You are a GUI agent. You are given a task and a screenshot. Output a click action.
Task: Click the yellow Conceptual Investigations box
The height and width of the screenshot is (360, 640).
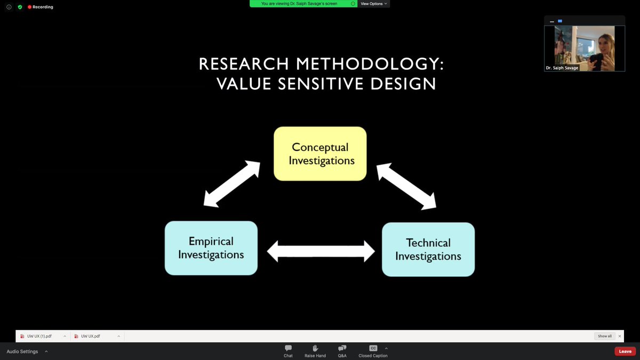tap(320, 154)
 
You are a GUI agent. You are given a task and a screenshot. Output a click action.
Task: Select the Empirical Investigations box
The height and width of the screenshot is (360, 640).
tap(211, 248)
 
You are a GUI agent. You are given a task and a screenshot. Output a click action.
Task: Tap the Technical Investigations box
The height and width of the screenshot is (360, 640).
tap(428, 250)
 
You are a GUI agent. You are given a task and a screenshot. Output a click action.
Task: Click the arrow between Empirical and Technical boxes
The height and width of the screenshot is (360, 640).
tap(321, 251)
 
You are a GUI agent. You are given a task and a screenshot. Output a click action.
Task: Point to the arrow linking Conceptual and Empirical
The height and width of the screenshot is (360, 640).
tap(231, 183)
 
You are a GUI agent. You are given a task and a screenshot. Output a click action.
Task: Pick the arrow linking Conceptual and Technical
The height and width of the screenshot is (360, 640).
tap(406, 186)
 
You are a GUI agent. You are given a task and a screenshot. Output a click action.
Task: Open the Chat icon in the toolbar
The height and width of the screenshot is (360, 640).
tap(288, 348)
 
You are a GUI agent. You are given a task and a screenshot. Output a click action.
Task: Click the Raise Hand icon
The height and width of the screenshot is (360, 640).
tap(315, 348)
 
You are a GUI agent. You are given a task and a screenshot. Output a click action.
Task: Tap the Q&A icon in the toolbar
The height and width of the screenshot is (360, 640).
tap(342, 348)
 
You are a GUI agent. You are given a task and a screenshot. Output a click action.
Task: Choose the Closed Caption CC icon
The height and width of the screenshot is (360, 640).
tap(373, 348)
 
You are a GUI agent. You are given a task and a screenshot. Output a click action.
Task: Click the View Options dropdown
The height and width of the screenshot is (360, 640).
tap(374, 4)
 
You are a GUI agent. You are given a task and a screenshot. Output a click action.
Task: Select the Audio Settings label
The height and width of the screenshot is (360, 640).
tap(22, 351)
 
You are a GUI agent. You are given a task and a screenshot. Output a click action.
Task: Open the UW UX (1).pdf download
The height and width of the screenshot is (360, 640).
tap(39, 336)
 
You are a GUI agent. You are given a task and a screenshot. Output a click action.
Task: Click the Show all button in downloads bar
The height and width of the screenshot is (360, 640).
tap(605, 336)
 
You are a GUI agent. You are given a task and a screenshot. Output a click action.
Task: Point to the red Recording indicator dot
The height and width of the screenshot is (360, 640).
tap(29, 7)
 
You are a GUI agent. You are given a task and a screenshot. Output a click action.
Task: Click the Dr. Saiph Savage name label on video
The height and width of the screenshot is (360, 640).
tap(562, 68)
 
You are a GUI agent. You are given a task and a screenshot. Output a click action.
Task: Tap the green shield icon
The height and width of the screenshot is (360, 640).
tap(20, 7)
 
